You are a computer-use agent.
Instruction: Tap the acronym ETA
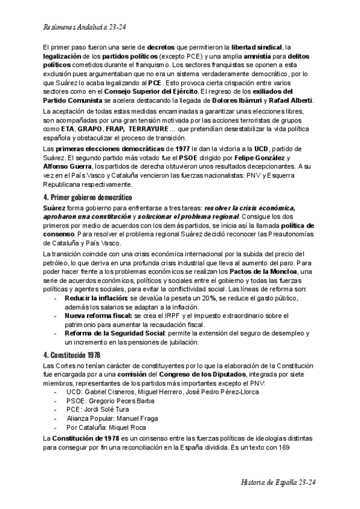(x=68, y=128)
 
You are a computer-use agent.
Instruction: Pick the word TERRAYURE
(x=148, y=128)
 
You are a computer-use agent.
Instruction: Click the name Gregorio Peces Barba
(x=123, y=401)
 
